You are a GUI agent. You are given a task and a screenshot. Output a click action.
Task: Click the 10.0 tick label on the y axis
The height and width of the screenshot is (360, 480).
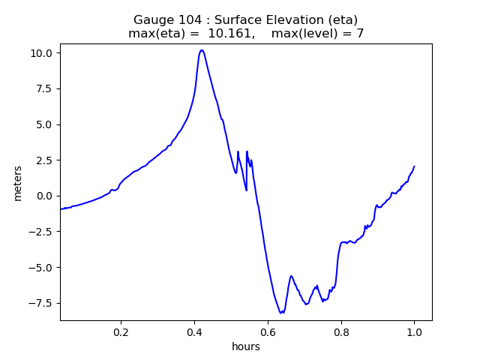tap(42, 53)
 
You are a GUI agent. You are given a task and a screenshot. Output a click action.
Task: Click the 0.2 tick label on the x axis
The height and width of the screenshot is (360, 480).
tap(121, 331)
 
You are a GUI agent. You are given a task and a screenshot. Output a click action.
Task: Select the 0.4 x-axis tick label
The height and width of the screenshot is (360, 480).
tap(194, 331)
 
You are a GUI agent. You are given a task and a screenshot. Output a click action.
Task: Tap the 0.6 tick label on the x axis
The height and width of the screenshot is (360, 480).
tap(268, 331)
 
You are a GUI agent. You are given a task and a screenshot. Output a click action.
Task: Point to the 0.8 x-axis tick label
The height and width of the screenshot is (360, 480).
tap(341, 331)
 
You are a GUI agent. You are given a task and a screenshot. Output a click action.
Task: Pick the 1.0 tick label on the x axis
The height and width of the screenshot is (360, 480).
tap(414, 331)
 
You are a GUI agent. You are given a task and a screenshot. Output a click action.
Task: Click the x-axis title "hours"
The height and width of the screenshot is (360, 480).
tap(246, 347)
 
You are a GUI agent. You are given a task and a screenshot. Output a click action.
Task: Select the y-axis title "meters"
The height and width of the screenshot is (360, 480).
tap(17, 182)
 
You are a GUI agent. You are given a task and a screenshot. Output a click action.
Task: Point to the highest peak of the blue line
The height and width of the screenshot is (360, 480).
tap(202, 50)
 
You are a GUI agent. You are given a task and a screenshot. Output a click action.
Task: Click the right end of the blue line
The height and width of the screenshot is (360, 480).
tap(414, 166)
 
